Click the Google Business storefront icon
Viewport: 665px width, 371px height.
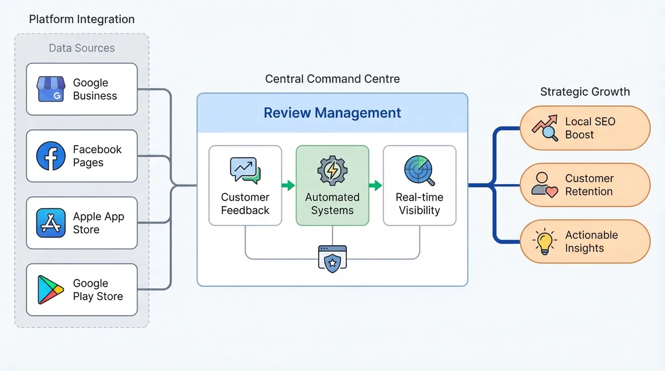[51, 89]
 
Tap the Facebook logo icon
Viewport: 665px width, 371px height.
[51, 156]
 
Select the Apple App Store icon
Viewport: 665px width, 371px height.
[51, 223]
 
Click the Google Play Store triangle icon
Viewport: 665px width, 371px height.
[50, 290]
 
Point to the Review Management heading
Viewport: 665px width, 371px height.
[332, 113]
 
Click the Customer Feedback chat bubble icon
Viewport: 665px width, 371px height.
[245, 170]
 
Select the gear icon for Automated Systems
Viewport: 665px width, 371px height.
[332, 170]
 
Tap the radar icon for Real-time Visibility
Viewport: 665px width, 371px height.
[420, 170]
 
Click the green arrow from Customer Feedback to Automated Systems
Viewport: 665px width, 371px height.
[288, 186]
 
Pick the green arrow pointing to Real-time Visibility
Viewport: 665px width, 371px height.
[376, 186]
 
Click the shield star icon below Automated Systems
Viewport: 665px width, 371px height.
[332, 258]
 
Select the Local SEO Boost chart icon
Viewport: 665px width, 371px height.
[545, 128]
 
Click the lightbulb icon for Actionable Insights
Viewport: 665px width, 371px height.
[544, 242]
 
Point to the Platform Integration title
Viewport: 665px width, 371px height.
[81, 19]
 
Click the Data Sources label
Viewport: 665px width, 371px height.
[81, 48]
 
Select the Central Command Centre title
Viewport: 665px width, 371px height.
[332, 79]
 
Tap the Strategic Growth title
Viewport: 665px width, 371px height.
[585, 92]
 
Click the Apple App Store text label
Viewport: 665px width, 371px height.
[99, 223]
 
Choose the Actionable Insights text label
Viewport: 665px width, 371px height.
[591, 242]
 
